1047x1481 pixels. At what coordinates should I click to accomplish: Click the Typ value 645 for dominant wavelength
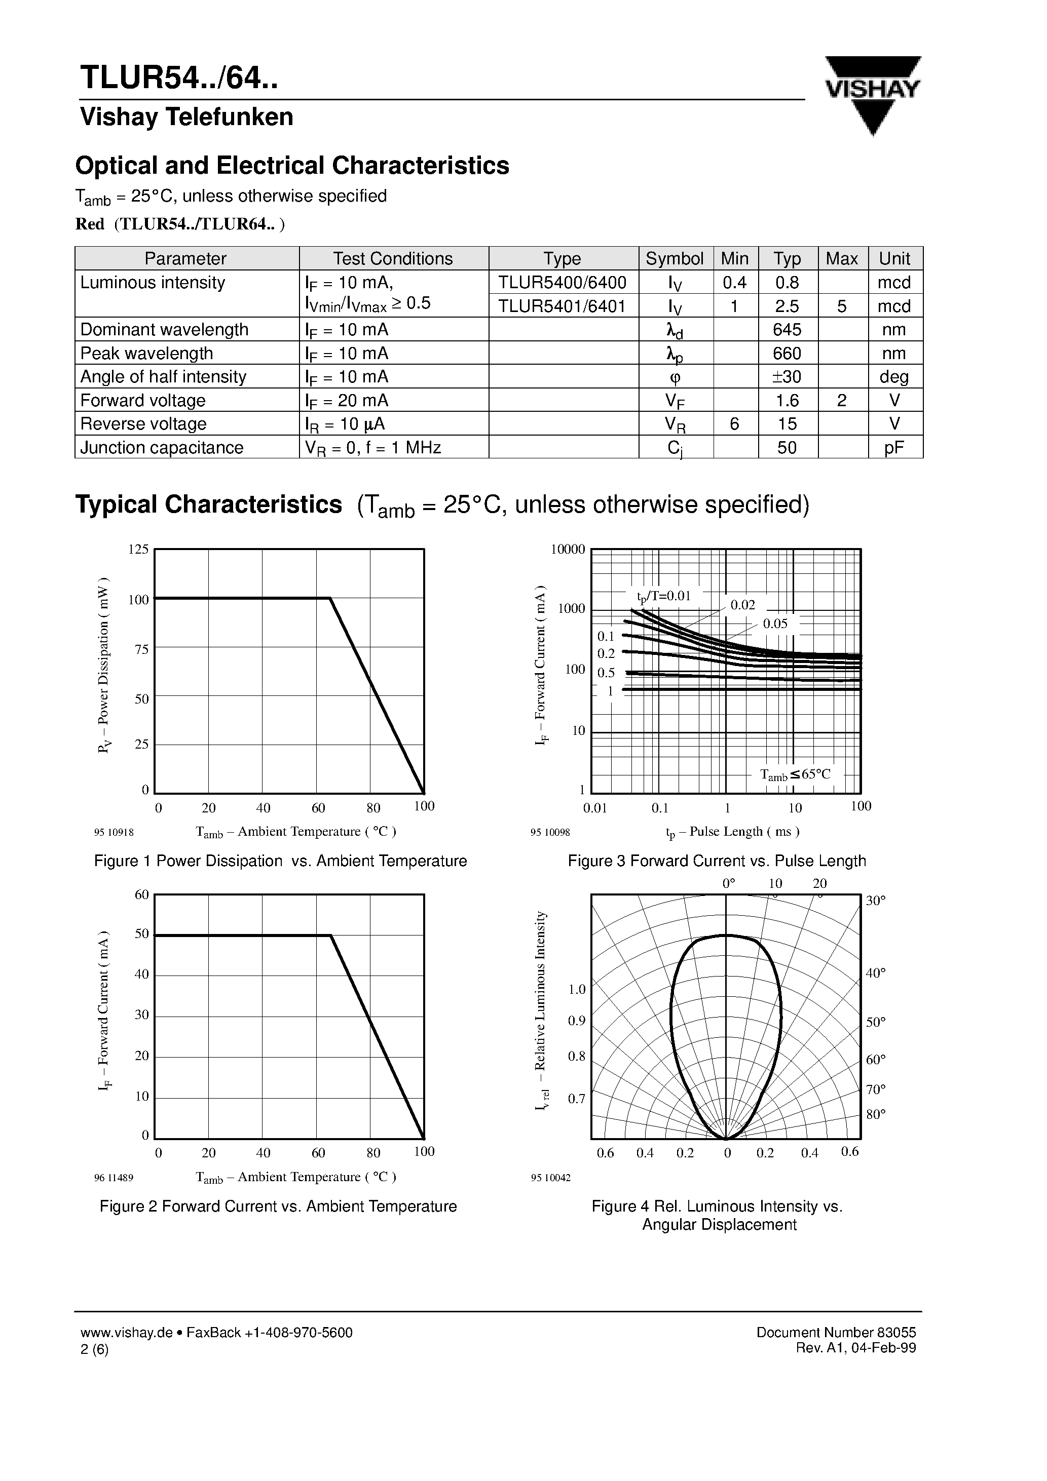[x=787, y=330]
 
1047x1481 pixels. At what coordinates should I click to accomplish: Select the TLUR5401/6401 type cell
[x=562, y=306]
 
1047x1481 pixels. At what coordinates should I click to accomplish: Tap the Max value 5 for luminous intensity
[x=842, y=306]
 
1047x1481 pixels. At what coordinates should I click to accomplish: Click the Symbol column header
[x=675, y=259]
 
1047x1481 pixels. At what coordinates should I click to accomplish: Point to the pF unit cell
[x=894, y=448]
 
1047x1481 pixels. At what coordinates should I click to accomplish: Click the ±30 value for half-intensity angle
[x=787, y=377]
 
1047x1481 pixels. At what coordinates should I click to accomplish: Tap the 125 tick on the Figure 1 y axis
[x=138, y=550]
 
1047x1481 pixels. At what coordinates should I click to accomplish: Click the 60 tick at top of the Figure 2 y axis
[x=141, y=894]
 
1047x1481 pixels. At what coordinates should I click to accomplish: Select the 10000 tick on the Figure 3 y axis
[x=568, y=550]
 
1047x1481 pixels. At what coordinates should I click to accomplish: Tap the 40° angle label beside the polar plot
[x=875, y=973]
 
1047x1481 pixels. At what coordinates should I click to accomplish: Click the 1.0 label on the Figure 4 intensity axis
[x=576, y=990]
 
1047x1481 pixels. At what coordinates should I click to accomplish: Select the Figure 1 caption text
[x=280, y=861]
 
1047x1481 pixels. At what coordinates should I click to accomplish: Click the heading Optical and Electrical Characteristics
[x=292, y=166]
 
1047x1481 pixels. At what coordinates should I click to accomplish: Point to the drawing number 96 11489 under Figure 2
[x=114, y=1178]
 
